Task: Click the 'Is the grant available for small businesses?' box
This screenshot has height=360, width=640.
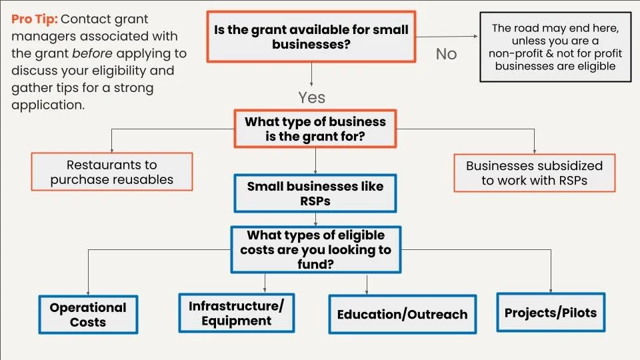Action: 311,37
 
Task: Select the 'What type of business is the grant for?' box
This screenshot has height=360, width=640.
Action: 315,129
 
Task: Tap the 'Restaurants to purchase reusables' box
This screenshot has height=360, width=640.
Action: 111,171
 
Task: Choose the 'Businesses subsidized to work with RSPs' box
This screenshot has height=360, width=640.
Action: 534,173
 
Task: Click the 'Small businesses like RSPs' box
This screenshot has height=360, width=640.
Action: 315,193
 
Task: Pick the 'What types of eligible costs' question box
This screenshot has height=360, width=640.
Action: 315,249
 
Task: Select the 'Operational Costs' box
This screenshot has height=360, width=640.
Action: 88,314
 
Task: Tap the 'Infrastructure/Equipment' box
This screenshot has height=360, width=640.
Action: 236,313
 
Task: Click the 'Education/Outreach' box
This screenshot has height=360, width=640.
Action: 402,314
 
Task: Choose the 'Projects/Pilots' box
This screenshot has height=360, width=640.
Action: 550,312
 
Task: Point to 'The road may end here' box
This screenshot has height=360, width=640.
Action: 555,47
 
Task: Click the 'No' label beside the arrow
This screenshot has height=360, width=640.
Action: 446,54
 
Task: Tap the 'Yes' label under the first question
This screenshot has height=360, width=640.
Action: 311,97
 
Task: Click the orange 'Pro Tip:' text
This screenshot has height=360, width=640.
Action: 34,19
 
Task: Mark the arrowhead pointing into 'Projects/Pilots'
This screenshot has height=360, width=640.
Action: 551,289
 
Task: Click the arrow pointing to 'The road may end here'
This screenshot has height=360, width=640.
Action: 475,37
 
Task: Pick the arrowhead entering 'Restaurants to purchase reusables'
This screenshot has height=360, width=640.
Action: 111,149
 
